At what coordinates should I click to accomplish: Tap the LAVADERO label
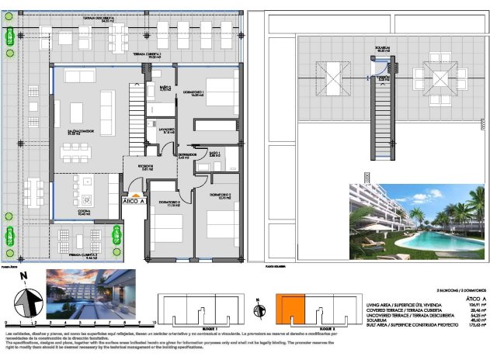click(165, 130)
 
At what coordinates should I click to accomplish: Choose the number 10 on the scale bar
click(156, 320)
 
